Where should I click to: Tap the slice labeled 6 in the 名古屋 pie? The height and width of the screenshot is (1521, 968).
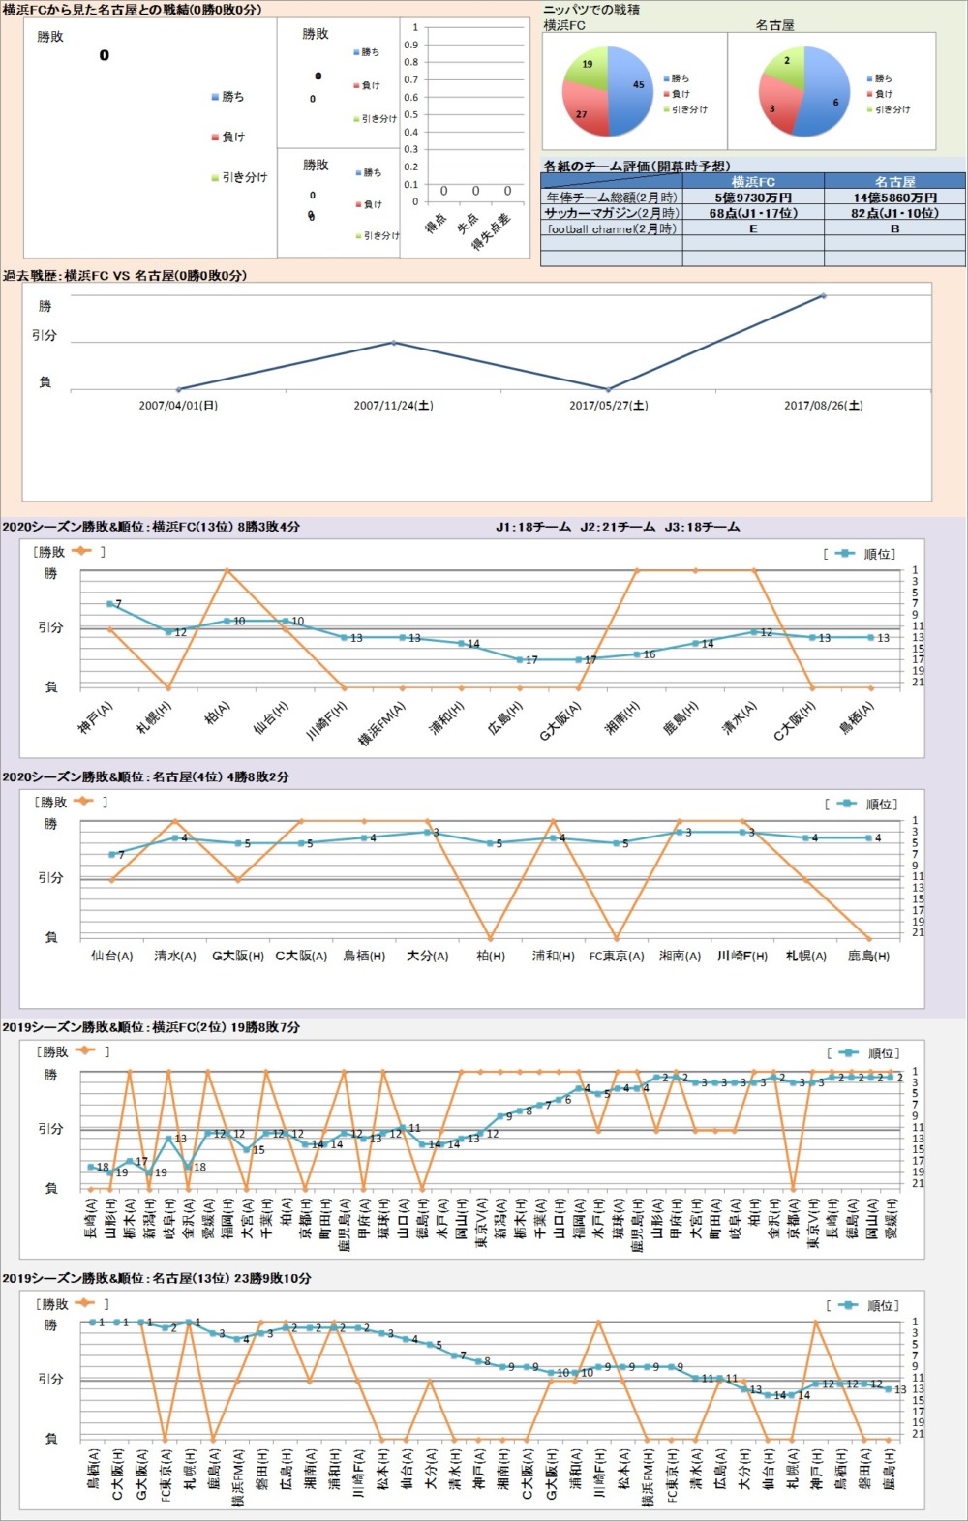click(831, 97)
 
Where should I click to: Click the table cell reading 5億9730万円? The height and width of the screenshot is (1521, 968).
click(753, 198)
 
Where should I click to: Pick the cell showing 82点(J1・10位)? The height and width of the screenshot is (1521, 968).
click(894, 213)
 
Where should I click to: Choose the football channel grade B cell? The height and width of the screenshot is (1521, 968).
click(894, 229)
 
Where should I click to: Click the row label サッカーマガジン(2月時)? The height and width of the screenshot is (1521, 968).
click(612, 213)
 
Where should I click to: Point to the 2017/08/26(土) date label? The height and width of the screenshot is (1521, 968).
click(823, 406)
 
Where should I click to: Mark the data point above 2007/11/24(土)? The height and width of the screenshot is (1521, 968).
click(393, 342)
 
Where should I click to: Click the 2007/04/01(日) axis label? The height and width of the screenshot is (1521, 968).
click(178, 406)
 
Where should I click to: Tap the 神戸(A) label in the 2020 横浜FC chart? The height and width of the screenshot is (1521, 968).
click(96, 717)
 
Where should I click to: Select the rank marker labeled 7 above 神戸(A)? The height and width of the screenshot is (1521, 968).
click(110, 604)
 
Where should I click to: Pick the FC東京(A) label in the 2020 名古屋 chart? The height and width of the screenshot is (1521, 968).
click(617, 956)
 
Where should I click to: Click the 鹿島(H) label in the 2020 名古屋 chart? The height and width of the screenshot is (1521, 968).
click(868, 956)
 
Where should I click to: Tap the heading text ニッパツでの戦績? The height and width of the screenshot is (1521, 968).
click(591, 10)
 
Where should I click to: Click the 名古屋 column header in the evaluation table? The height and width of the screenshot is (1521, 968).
click(894, 181)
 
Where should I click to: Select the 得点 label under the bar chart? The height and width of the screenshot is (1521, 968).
click(438, 224)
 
